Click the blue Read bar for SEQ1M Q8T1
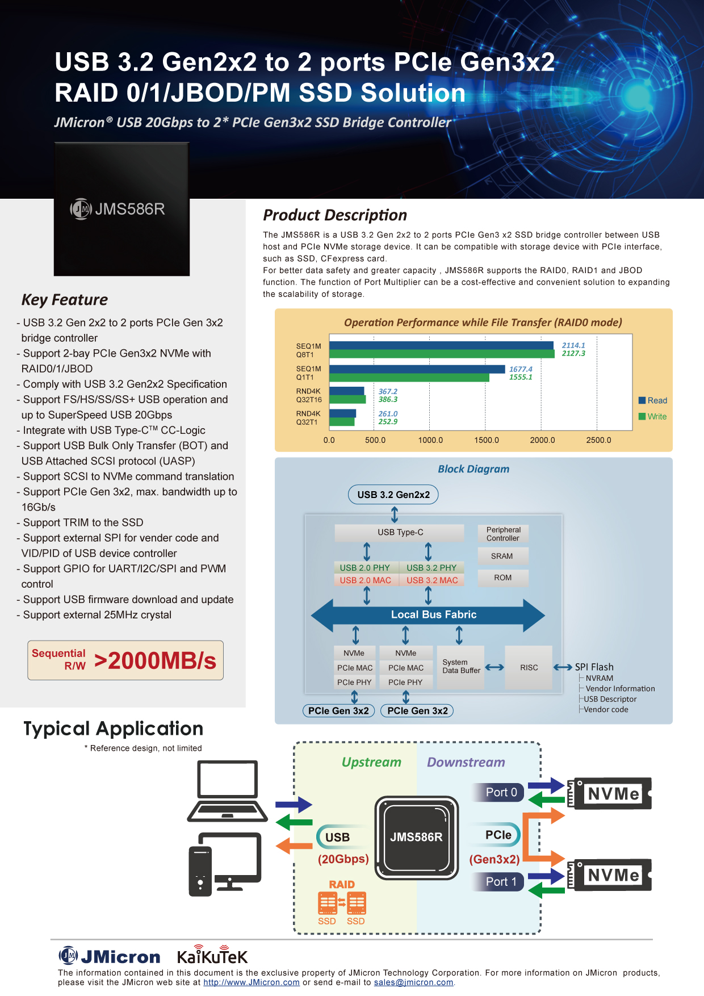click(x=441, y=345)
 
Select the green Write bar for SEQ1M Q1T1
click(x=409, y=378)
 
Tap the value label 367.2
click(x=388, y=391)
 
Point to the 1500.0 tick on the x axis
click(x=487, y=440)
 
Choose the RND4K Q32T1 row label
click(x=308, y=418)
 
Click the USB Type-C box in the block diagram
click(x=400, y=533)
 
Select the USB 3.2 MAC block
click(x=432, y=580)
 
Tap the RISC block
click(x=529, y=668)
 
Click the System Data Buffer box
click(x=461, y=667)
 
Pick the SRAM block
click(x=502, y=556)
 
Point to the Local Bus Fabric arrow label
click(x=434, y=614)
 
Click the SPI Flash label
click(x=594, y=667)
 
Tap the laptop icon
click(x=228, y=791)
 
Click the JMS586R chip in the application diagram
click(x=416, y=838)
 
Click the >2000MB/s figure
click(x=156, y=661)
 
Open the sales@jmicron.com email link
click(x=413, y=983)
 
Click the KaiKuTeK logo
click(x=212, y=956)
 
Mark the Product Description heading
click(x=335, y=215)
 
